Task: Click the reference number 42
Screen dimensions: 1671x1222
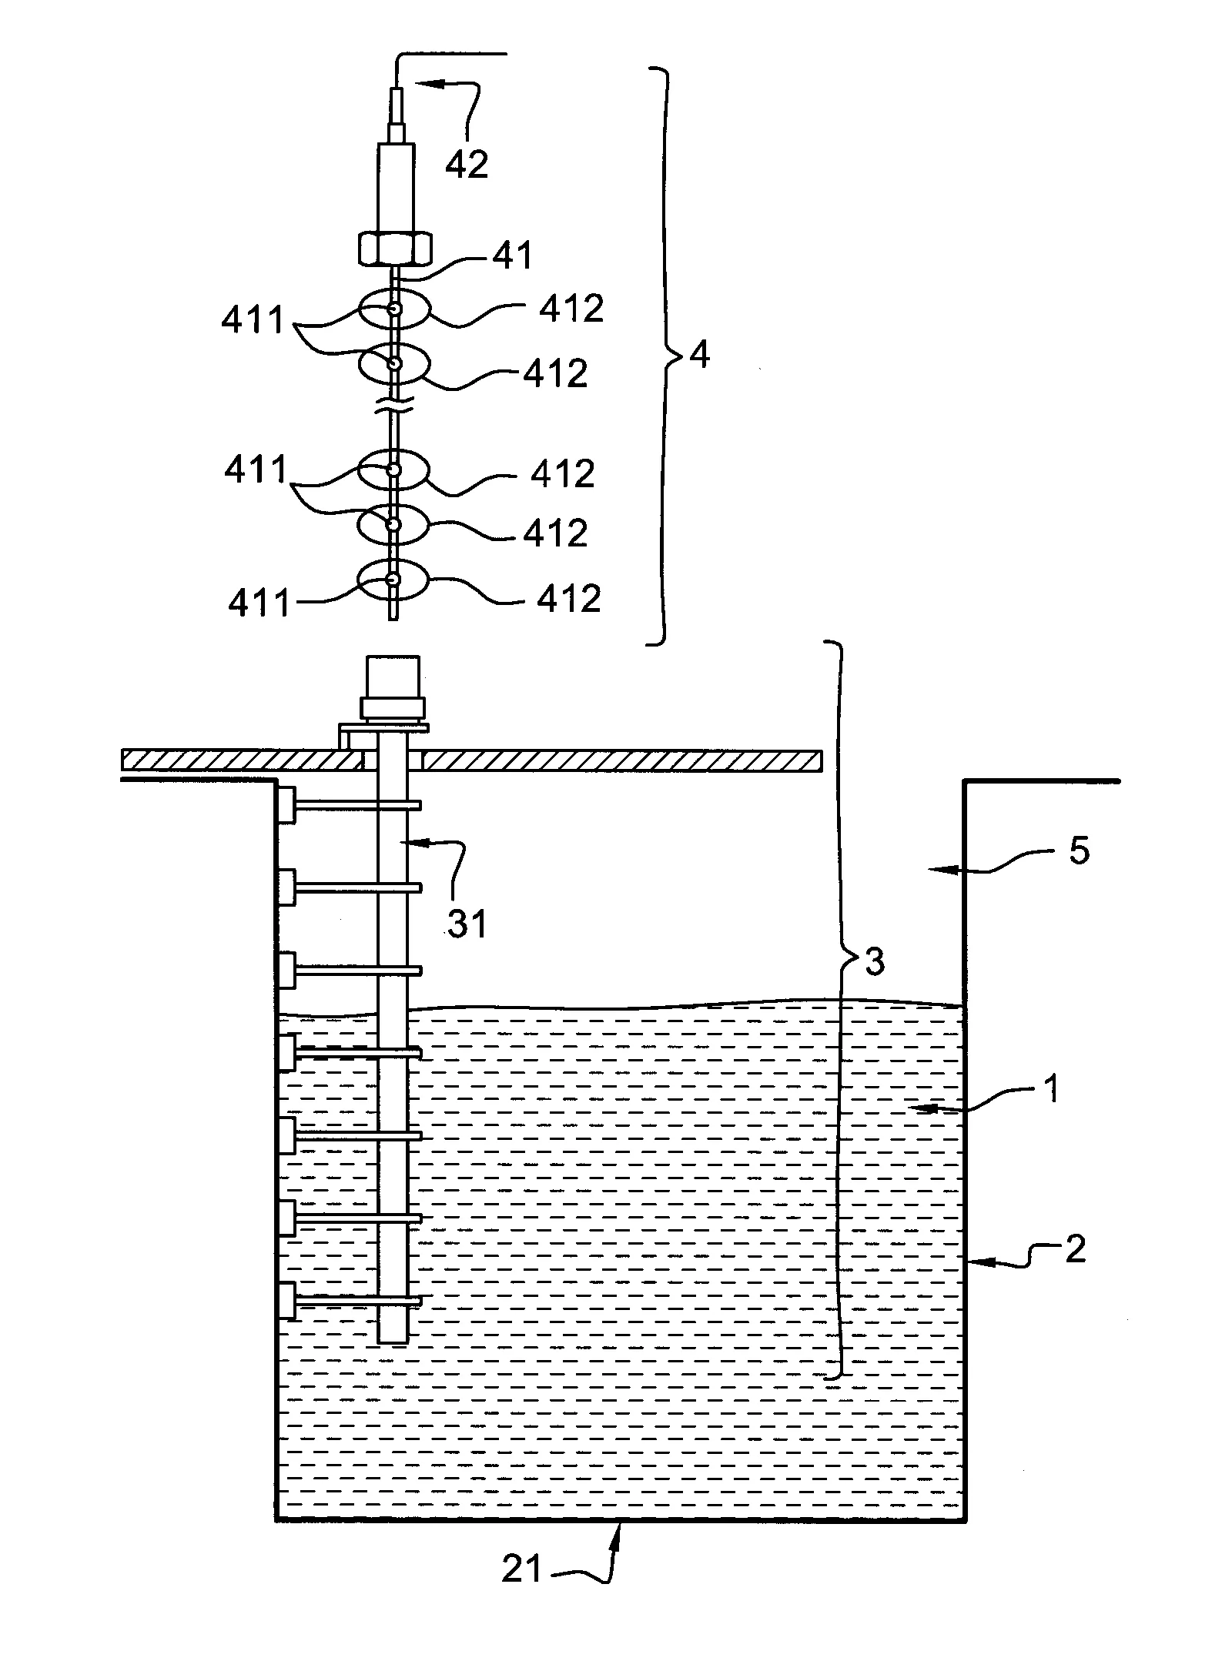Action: (467, 164)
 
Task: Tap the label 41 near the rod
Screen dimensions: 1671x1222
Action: (513, 256)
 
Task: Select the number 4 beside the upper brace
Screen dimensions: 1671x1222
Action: (699, 356)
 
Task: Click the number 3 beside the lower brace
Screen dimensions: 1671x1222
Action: (875, 961)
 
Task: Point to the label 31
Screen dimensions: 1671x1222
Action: (467, 923)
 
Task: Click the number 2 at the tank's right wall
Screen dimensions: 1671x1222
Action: (1074, 1248)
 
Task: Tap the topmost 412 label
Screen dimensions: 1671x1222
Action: (571, 309)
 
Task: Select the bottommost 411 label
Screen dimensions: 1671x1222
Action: (259, 603)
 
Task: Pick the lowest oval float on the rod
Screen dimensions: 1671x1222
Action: (393, 580)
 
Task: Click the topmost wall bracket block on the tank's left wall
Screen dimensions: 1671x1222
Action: (286, 805)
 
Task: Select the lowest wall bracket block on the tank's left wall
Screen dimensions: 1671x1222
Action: (286, 1301)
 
